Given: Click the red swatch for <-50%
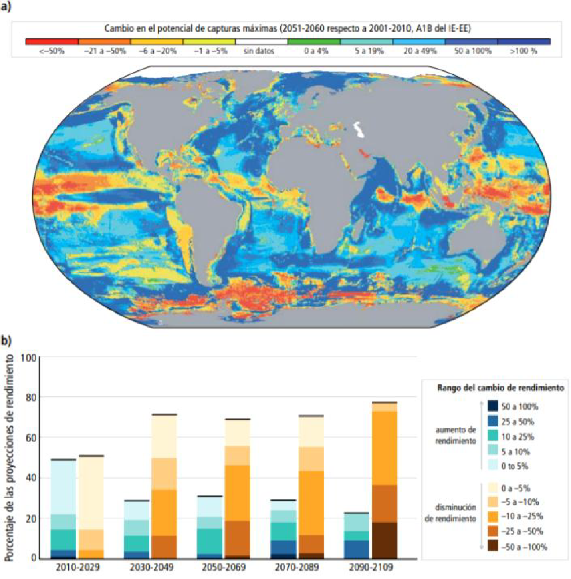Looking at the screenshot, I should (x=52, y=42).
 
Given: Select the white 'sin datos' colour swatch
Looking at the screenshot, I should (x=262, y=42).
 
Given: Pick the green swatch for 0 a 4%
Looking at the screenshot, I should (x=314, y=42).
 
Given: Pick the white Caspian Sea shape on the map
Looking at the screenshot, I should (x=359, y=127).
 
